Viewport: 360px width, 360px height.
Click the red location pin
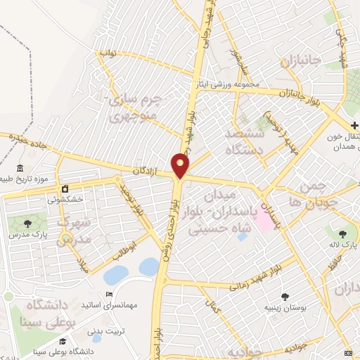(181, 165)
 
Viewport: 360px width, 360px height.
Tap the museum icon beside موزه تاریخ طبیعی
(19, 168)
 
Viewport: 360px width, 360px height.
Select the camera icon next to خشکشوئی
(65, 189)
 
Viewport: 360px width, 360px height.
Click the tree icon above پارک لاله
(342, 233)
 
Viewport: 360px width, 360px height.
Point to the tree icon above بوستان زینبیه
(285, 297)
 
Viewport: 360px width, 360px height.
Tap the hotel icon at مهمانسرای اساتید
(109, 294)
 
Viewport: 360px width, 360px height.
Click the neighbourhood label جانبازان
(301, 60)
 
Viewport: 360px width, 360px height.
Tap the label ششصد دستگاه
(244, 141)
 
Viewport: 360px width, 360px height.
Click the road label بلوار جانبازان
(304, 94)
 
